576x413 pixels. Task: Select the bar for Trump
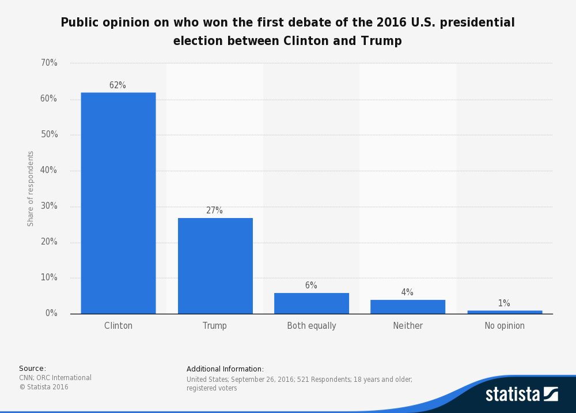[215, 266]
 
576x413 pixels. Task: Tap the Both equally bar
[312, 303]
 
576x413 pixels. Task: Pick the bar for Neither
[408, 307]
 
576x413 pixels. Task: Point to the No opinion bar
[505, 312]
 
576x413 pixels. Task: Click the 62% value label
[118, 85]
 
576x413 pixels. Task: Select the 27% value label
[214, 211]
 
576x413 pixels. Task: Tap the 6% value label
[311, 286]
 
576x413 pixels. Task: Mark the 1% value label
[504, 303]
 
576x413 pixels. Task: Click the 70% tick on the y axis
[48, 63]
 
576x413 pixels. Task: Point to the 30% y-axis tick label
[48, 206]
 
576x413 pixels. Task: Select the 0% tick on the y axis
[51, 313]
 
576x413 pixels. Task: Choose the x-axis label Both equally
[312, 326]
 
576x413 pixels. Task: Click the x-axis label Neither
[408, 326]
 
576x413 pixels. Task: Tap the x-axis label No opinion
[505, 326]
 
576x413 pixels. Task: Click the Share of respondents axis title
[31, 189]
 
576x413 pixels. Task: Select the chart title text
[287, 32]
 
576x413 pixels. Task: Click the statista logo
[521, 394]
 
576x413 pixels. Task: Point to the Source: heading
[32, 369]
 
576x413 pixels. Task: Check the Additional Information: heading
[225, 369]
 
